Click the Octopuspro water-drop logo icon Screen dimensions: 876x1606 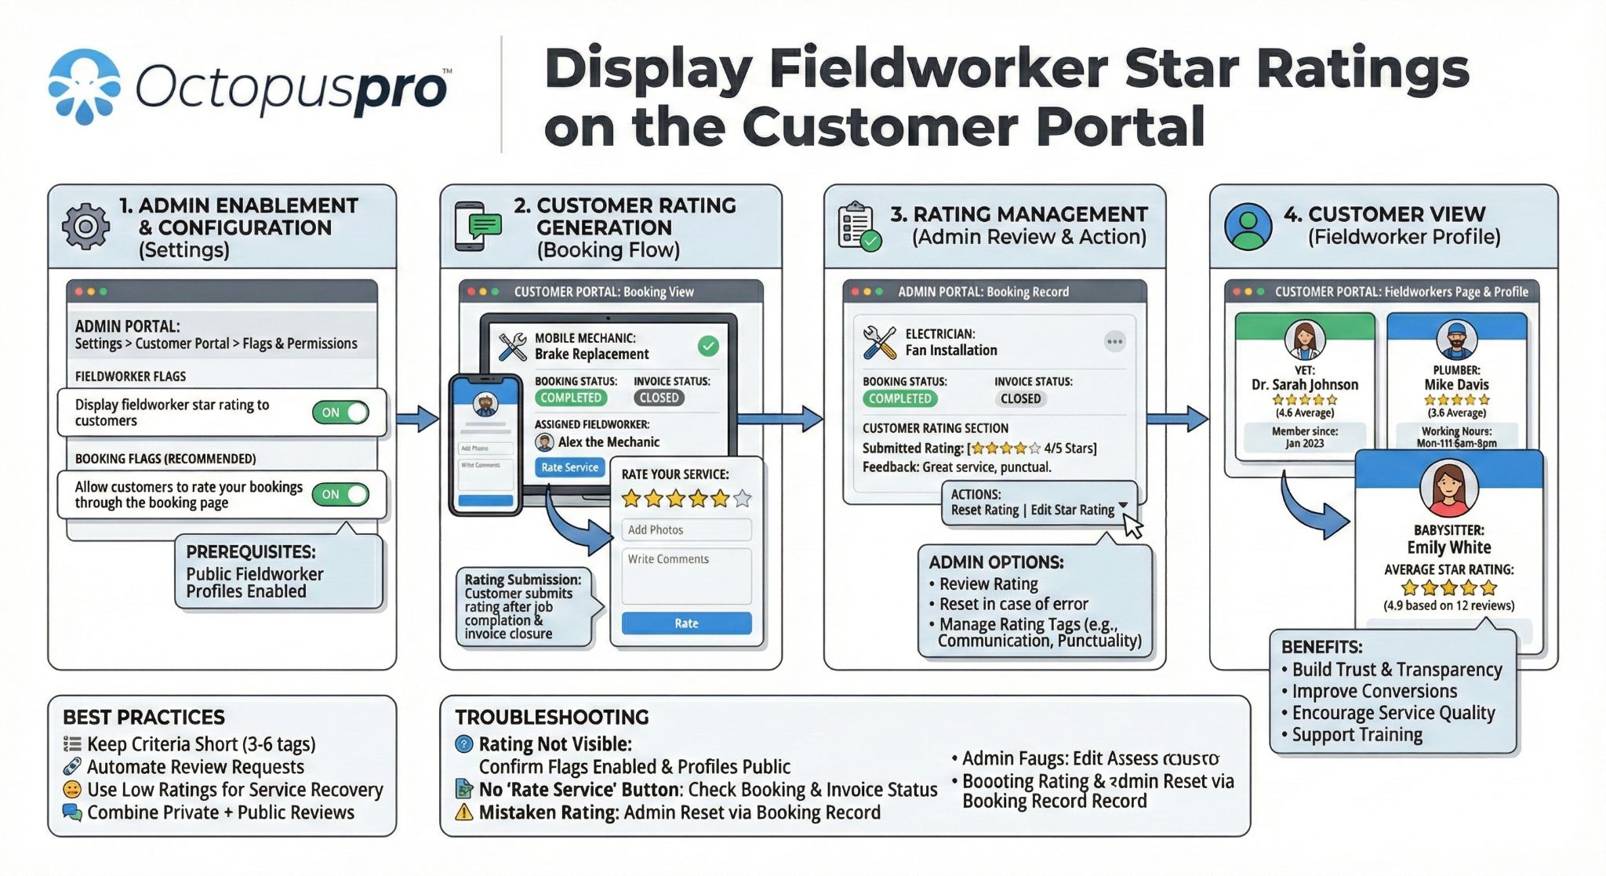click(84, 86)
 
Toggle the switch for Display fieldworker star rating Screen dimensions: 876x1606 click(340, 413)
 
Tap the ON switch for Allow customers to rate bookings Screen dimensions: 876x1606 click(340, 494)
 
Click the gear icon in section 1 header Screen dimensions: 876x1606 click(85, 227)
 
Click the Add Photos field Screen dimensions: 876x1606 click(686, 529)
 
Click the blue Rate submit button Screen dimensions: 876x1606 click(686, 623)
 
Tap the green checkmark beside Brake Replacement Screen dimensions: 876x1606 click(708, 346)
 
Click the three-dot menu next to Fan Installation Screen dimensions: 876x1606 click(1114, 341)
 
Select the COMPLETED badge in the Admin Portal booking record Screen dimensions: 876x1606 click(899, 398)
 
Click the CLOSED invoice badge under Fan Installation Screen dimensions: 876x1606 click(1020, 398)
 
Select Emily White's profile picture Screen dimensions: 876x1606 click(1448, 489)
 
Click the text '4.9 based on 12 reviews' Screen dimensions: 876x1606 click(1448, 605)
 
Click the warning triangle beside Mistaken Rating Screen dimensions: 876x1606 click(464, 812)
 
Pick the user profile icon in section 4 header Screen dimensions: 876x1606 click(1248, 227)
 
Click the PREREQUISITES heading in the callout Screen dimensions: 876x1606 click(251, 551)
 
